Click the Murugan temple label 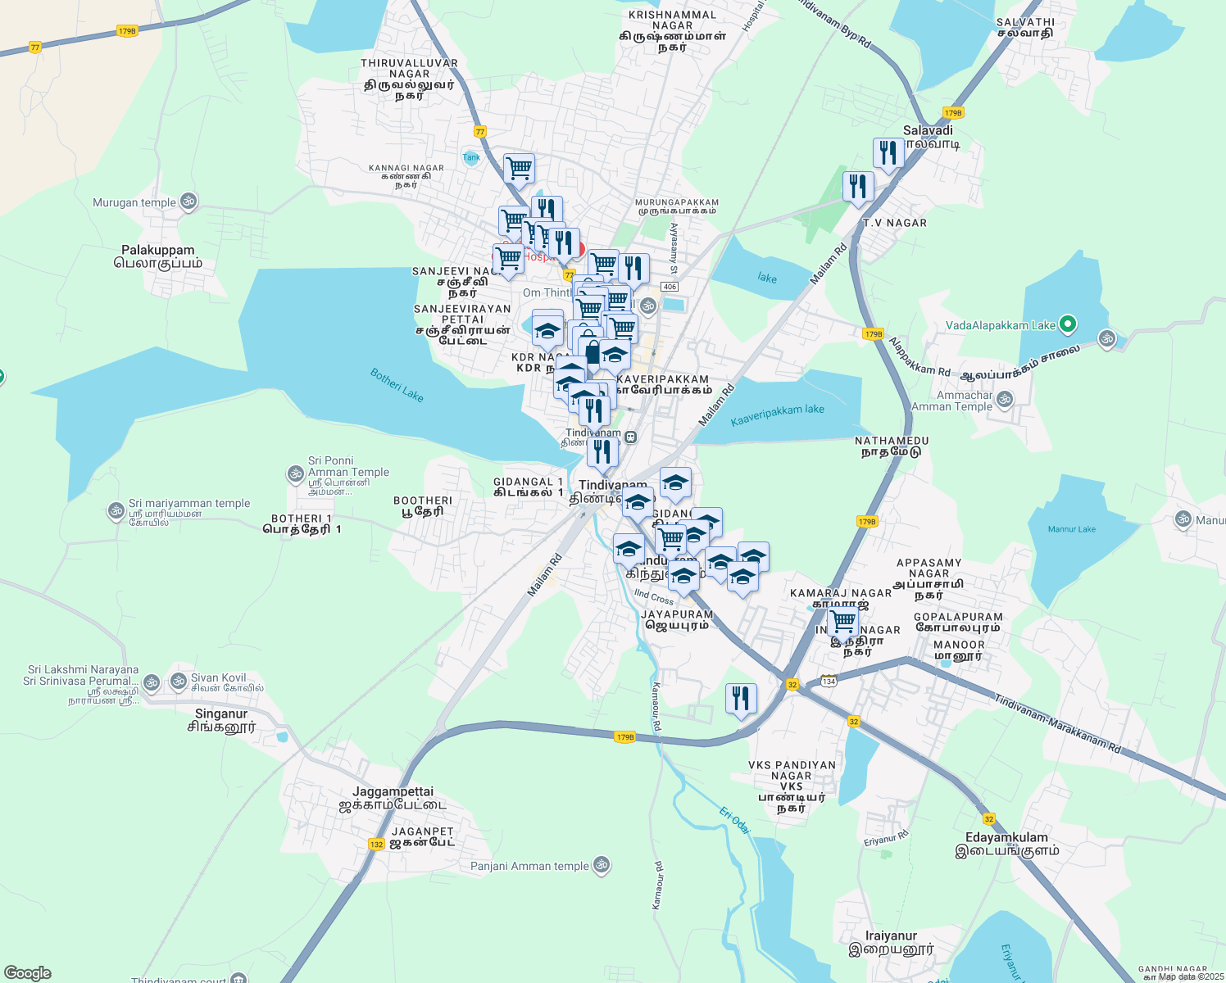[134, 202]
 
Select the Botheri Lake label [397, 385]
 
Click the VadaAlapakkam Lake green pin [1067, 325]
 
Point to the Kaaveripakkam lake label [777, 415]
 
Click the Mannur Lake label [1071, 529]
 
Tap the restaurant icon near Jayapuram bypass [741, 699]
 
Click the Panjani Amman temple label [529, 866]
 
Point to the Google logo [28, 973]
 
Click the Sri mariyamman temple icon [116, 511]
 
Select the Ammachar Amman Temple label [952, 401]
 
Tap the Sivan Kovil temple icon [179, 681]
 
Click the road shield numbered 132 [376, 845]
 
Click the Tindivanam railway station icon [630, 437]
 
